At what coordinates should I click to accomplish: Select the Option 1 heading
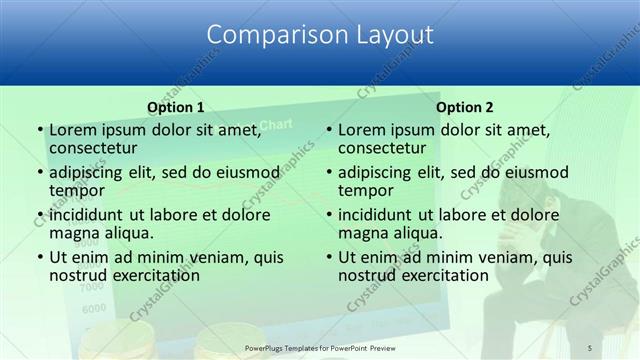click(175, 107)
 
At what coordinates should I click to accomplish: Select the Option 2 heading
click(464, 107)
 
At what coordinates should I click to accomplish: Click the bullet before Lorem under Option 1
click(39, 130)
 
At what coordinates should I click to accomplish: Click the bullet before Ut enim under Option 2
click(328, 258)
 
